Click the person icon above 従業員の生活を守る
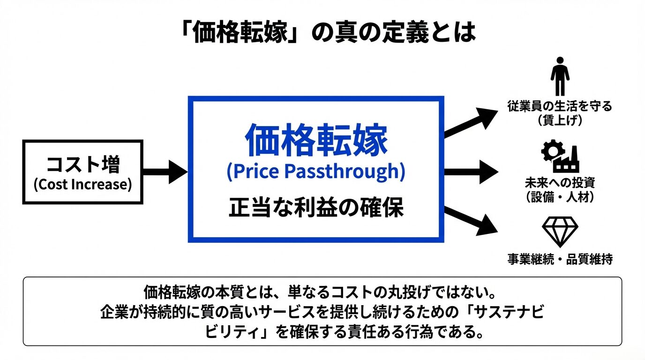coord(560,76)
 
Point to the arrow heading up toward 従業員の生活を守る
coord(471,123)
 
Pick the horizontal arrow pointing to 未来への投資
coord(472,172)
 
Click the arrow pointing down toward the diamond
coord(471,221)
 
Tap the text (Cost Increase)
coord(82,185)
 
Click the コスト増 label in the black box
coord(83,165)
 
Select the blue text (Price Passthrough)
coord(316,171)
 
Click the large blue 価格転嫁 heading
coord(316,140)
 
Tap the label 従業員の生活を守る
coord(560,106)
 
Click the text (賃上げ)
coord(560,120)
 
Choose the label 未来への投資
coord(560,183)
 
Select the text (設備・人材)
coord(560,197)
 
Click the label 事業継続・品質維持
coord(560,259)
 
